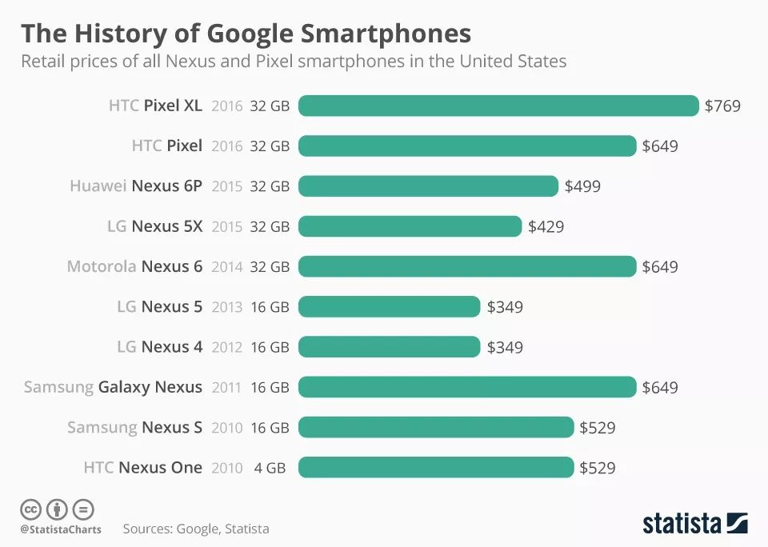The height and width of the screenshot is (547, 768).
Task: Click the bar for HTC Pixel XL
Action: [x=498, y=106]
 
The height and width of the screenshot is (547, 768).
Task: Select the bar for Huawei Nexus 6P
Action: [x=428, y=186]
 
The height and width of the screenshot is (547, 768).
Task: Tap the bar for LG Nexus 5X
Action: [x=410, y=226]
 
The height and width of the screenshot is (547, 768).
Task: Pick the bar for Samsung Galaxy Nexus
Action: [x=467, y=387]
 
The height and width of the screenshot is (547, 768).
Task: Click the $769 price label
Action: [x=722, y=106]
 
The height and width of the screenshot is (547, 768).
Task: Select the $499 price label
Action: [x=582, y=186]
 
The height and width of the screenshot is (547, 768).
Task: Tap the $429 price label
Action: [x=546, y=226]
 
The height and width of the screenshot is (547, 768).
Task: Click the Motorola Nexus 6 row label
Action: [x=134, y=266]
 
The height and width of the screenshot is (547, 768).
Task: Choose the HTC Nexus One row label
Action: [x=142, y=467]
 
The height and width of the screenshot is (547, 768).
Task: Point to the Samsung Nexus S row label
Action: [x=134, y=427]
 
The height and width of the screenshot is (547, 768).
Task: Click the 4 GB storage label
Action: [x=270, y=468]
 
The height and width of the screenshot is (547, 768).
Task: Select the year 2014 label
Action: [x=226, y=267]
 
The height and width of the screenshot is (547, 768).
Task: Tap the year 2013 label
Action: [x=226, y=307]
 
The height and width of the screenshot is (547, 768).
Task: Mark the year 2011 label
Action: [x=226, y=388]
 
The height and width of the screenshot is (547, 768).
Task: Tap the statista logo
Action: [x=694, y=524]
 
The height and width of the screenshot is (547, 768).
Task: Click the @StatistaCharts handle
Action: [x=61, y=529]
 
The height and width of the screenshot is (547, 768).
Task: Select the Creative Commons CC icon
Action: [x=31, y=509]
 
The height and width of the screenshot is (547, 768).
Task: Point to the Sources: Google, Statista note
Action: [x=196, y=529]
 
